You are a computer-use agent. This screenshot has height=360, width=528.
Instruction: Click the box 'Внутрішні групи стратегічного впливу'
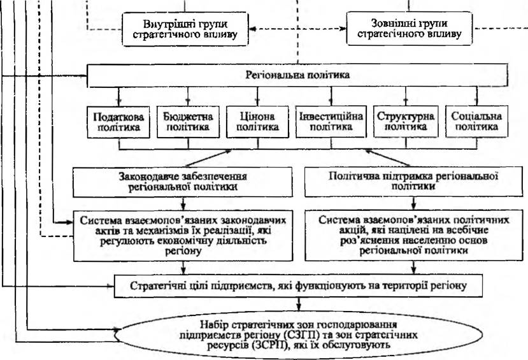185,29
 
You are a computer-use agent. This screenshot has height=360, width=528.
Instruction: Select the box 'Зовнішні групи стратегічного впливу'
409,28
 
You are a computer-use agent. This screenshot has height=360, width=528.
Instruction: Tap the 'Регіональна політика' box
297,75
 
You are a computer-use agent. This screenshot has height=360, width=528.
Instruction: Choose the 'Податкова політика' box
118,122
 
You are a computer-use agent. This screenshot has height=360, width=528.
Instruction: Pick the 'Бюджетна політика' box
188,122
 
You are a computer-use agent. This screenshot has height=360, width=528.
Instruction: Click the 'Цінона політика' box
257,122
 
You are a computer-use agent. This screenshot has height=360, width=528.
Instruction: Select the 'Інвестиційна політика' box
331,122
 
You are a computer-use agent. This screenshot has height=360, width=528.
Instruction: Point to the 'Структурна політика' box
406,122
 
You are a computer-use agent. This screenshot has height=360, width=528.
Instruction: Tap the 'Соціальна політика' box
476,122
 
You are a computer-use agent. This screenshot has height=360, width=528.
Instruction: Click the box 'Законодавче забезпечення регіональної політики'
183,182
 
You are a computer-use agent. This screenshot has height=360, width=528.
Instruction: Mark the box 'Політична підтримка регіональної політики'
414,182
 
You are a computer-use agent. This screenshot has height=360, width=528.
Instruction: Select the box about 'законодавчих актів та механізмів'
183,236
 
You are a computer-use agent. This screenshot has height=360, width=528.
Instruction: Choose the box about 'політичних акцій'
414,235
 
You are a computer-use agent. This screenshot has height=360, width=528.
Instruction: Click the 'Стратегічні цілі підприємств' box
298,286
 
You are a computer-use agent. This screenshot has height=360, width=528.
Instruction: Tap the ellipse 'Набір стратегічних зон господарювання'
298,335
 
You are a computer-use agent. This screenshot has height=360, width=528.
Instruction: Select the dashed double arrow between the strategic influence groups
297,29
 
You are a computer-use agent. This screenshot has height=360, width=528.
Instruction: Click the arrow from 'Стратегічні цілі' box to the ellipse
298,305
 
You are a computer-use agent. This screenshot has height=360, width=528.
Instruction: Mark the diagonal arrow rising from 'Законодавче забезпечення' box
208,158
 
